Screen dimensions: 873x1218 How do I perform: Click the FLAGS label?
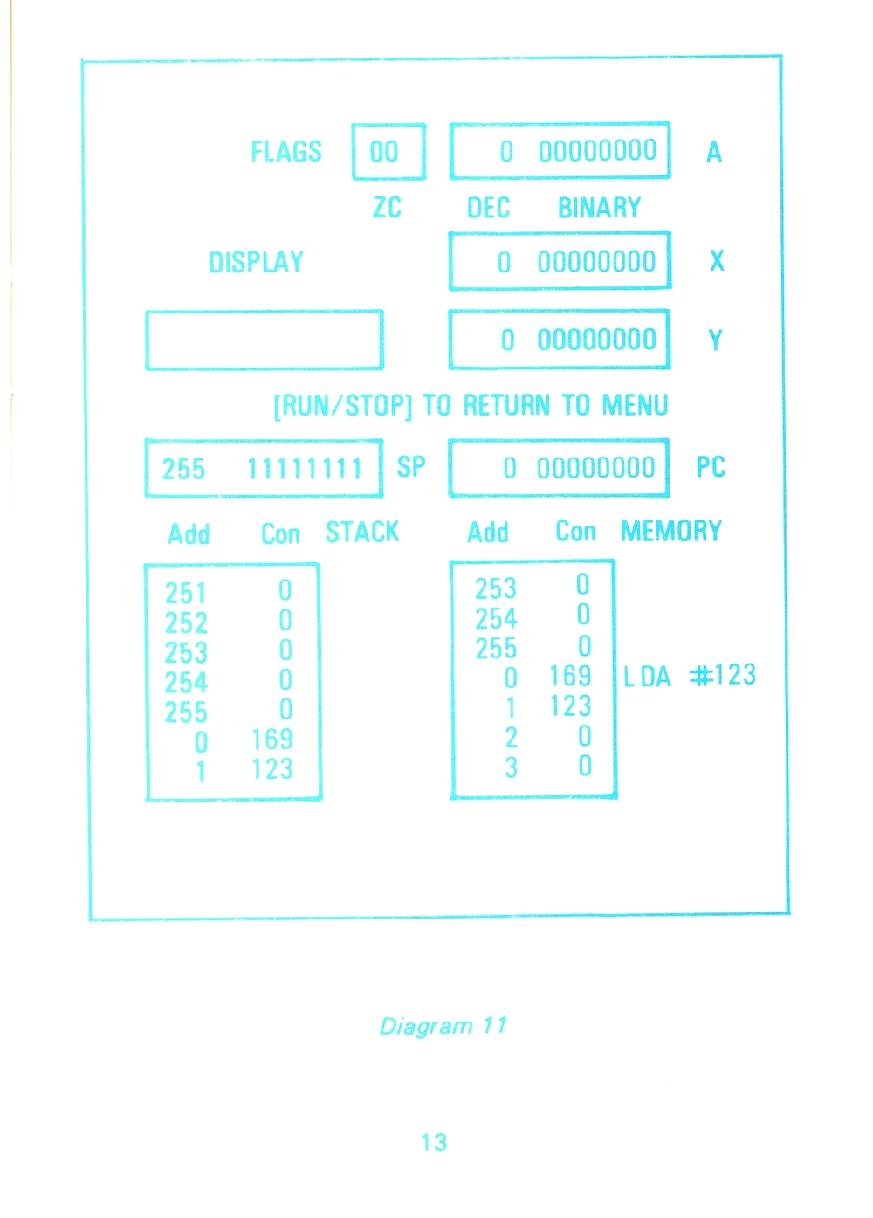[286, 152]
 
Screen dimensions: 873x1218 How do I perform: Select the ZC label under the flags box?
[387, 207]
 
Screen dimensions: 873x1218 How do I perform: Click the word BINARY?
[600, 207]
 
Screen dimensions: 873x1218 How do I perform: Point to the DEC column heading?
[488, 207]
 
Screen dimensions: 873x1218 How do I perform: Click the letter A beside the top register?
[714, 152]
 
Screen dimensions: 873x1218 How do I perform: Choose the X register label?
[717, 261]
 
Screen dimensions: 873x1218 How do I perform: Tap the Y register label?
[715, 341]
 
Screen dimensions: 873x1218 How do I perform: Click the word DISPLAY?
[256, 262]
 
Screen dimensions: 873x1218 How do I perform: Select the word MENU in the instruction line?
[635, 404]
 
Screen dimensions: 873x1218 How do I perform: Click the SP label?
[411, 466]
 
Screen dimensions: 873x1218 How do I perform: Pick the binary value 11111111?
[305, 469]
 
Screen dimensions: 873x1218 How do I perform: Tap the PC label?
[711, 466]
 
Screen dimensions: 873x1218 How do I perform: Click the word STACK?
[362, 532]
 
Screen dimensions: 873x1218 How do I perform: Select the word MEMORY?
[671, 531]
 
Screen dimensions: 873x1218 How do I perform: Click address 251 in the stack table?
[186, 593]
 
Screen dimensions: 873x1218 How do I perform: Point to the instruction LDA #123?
[690, 675]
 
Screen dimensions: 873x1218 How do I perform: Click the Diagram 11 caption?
[443, 1026]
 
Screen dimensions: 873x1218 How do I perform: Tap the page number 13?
[435, 1142]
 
